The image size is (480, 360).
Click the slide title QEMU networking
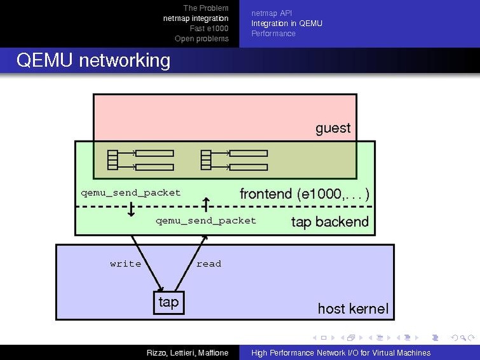(93, 60)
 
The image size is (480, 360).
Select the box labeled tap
(168, 301)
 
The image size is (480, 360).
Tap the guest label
(333, 128)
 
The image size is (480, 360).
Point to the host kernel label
(352, 309)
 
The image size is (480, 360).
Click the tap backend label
(329, 222)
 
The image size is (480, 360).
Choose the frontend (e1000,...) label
(304, 194)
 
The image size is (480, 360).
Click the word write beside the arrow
(125, 264)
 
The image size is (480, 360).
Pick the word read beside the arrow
(209, 264)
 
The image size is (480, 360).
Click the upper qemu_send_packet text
(130, 193)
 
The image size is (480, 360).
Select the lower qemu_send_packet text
(205, 221)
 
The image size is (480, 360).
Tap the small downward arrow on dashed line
(131, 211)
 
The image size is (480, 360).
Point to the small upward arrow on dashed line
(205, 203)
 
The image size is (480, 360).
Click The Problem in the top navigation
(205, 8)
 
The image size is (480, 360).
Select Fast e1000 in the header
(209, 29)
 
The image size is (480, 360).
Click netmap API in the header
(271, 13)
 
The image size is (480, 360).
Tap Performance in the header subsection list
(273, 34)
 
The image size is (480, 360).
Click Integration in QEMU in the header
(286, 24)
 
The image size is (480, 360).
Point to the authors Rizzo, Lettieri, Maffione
(187, 353)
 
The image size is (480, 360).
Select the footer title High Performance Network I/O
(340, 353)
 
